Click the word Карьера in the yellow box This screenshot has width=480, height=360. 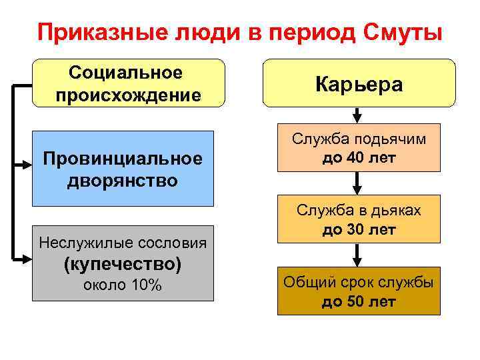[359, 84]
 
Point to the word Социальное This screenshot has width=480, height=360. [126, 71]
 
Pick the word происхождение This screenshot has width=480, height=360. [128, 95]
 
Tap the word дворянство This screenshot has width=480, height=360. [121, 180]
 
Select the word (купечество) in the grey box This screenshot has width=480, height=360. [121, 263]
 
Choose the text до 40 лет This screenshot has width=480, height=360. [359, 159]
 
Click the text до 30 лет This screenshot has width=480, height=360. [359, 230]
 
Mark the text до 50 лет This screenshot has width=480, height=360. [359, 301]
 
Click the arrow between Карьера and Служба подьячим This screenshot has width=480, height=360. [359, 115]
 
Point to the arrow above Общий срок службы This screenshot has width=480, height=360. [359, 255]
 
